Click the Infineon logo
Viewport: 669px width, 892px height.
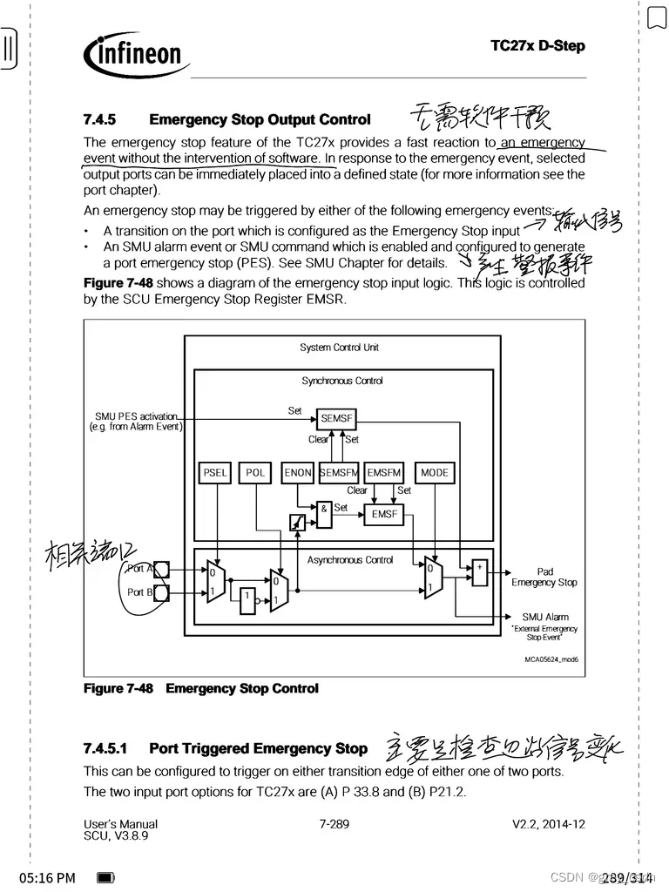pos(137,54)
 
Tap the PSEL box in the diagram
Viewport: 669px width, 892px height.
pos(214,473)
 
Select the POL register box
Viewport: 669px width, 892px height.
pos(255,473)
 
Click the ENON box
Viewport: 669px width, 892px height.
pos(298,473)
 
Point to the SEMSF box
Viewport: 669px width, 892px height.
pos(335,419)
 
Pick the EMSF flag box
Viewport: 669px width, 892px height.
pos(384,514)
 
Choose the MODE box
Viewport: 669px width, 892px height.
pos(435,473)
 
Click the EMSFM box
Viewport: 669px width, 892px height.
pos(384,473)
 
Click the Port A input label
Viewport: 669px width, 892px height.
pos(139,569)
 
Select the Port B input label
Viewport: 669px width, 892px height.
pos(139,592)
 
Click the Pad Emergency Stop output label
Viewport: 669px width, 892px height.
pos(544,577)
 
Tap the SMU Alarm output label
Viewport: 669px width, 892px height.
pos(545,617)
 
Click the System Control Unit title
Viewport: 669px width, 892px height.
pos(340,348)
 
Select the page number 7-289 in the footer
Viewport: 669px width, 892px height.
pos(334,823)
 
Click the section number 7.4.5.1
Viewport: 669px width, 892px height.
pos(105,748)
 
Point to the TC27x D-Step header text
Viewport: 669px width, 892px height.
pos(537,45)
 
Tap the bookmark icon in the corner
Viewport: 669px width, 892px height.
pos(656,17)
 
